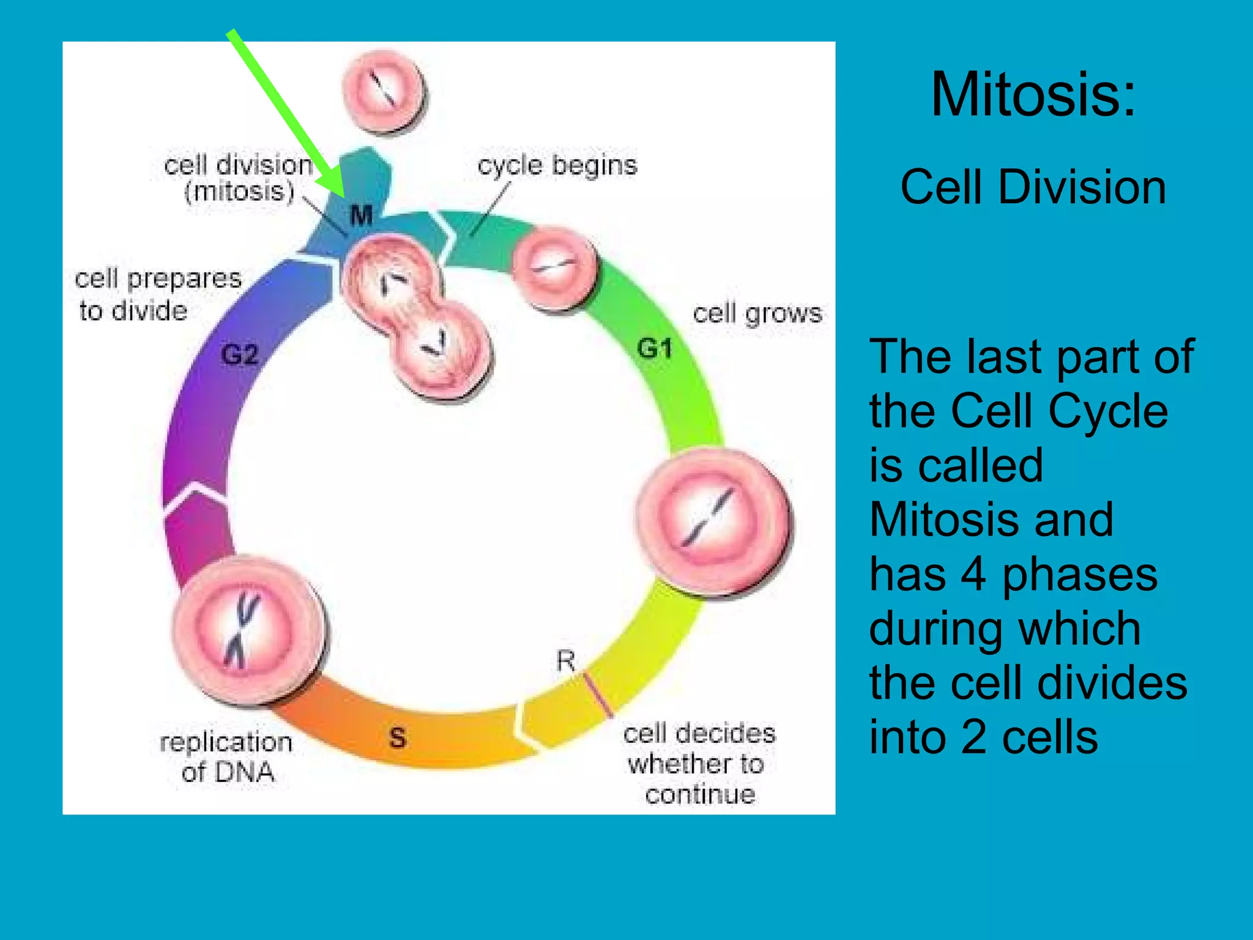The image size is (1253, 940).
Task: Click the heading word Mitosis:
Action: pyautogui.click(x=1033, y=94)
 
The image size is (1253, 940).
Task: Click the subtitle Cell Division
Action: pyautogui.click(x=1033, y=187)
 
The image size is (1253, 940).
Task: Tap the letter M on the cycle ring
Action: pyautogui.click(x=361, y=215)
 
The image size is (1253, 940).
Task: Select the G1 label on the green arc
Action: pyautogui.click(x=655, y=349)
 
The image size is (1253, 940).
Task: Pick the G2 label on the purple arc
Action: pyautogui.click(x=239, y=355)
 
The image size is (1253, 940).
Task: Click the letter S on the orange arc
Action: pyautogui.click(x=398, y=737)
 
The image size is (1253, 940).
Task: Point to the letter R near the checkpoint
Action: pyautogui.click(x=566, y=661)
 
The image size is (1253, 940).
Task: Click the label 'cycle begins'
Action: pyautogui.click(x=557, y=165)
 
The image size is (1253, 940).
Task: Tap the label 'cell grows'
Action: pyautogui.click(x=757, y=313)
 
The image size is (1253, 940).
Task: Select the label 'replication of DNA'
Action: pyautogui.click(x=226, y=756)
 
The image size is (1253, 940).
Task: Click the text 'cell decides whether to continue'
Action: pyautogui.click(x=699, y=764)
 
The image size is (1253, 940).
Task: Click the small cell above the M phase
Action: pyautogui.click(x=384, y=92)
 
